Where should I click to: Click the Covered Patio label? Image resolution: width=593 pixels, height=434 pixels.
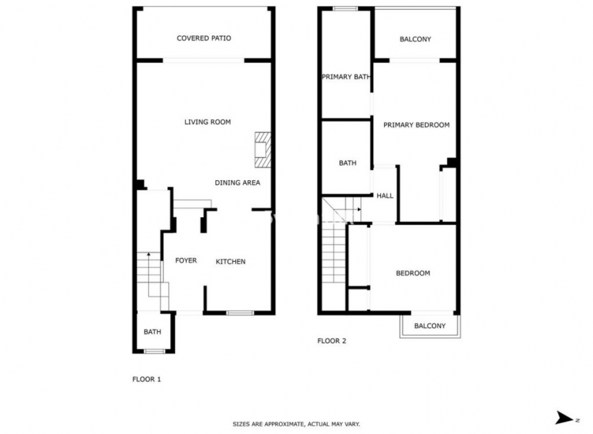coord(204,38)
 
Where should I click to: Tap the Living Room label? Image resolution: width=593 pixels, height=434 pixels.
coord(207,122)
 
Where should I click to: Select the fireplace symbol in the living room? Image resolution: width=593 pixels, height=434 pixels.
coord(263,149)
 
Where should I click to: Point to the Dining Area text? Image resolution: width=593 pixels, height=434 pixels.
coord(237,182)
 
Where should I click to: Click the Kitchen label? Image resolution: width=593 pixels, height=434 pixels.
coord(230,261)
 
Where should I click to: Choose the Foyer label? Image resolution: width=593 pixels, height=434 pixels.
coord(186,261)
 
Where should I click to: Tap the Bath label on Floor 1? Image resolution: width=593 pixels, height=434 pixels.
coord(152,332)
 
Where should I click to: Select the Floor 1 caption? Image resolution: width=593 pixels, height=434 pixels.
coord(146,378)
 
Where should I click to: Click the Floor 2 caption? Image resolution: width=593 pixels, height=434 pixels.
coord(331,341)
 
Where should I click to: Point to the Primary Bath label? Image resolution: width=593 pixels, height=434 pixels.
coord(346,77)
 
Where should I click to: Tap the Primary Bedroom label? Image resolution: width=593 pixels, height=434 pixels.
coord(416,125)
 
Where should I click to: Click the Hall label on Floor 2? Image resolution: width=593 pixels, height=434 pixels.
coord(385,196)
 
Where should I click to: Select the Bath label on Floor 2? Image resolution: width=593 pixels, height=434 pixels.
coord(348,163)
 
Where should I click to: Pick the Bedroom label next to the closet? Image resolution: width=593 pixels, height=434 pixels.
coord(413,273)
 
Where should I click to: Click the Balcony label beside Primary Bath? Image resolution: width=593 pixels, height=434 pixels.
coord(415,39)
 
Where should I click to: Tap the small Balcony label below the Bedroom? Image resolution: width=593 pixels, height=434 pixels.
coord(430,326)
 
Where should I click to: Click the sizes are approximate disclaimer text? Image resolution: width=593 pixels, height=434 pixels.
coord(296,424)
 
